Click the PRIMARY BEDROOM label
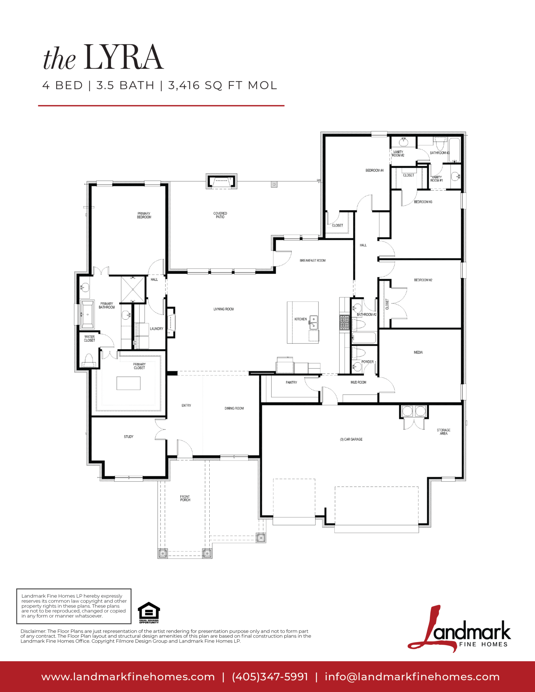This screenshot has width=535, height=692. (144, 215)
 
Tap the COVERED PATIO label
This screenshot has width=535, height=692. (220, 215)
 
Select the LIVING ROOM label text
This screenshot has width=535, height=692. (224, 309)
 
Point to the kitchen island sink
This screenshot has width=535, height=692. (313, 322)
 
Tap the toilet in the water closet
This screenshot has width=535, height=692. (88, 360)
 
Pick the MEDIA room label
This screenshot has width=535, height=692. (418, 352)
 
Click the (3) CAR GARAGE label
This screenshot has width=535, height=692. (351, 439)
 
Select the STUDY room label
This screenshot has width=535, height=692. (129, 437)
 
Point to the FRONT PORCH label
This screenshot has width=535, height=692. (185, 498)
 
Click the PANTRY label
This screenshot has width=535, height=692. (291, 383)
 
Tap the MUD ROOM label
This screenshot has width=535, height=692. (358, 383)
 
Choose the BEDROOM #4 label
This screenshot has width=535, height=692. (374, 170)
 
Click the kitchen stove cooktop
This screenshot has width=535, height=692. (345, 322)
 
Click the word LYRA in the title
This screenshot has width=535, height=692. (124, 57)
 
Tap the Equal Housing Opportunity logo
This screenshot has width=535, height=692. (149, 613)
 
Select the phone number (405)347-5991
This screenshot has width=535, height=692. (270, 677)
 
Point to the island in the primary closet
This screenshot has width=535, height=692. (129, 383)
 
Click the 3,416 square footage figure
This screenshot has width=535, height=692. (184, 86)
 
